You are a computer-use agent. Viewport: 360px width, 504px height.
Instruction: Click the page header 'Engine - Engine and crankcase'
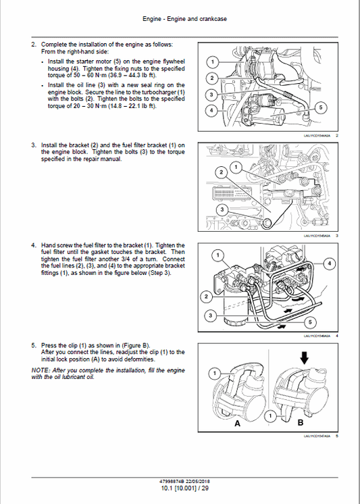[x=180, y=19]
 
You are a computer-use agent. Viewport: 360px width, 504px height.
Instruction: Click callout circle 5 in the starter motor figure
[x=320, y=107]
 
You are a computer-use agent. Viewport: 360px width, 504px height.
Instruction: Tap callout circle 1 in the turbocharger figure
[x=212, y=62]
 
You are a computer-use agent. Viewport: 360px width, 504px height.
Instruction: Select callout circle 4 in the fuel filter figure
[x=329, y=262]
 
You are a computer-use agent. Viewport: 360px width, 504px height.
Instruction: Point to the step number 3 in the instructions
[x=34, y=145]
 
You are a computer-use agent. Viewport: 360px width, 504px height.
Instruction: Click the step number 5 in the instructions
[x=34, y=345]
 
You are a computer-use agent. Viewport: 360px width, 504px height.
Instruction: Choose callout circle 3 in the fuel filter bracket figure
[x=222, y=211]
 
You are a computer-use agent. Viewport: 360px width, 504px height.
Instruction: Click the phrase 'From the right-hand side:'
[x=73, y=51]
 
